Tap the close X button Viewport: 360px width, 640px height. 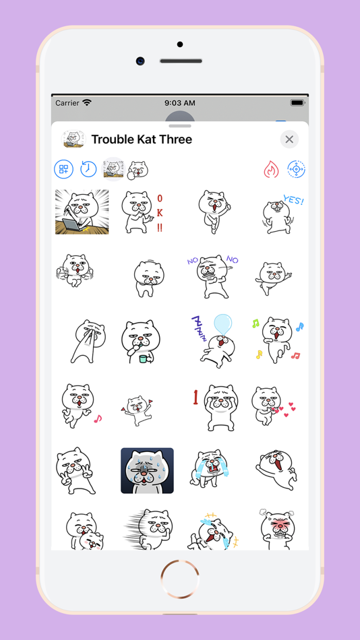coord(289,139)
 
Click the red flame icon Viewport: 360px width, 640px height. coord(271,169)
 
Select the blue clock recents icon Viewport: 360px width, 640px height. coord(88,169)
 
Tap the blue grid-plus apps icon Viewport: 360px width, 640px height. coord(64,169)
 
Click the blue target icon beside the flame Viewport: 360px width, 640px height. coord(296,169)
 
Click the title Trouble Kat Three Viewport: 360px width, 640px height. coord(142,139)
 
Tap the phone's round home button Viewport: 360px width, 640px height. coord(180,579)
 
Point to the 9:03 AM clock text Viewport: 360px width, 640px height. coord(180,103)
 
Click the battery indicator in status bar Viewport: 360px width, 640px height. coord(297,103)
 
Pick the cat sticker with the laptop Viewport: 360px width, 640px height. coord(82,212)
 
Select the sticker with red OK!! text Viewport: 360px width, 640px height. coord(143,212)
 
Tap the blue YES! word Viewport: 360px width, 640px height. coord(293,200)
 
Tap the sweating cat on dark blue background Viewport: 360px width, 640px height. coord(147,471)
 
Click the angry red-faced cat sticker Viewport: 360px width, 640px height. coord(278,529)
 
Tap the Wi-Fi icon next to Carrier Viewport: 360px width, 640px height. coord(86,102)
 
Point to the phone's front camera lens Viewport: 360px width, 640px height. coord(141,61)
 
